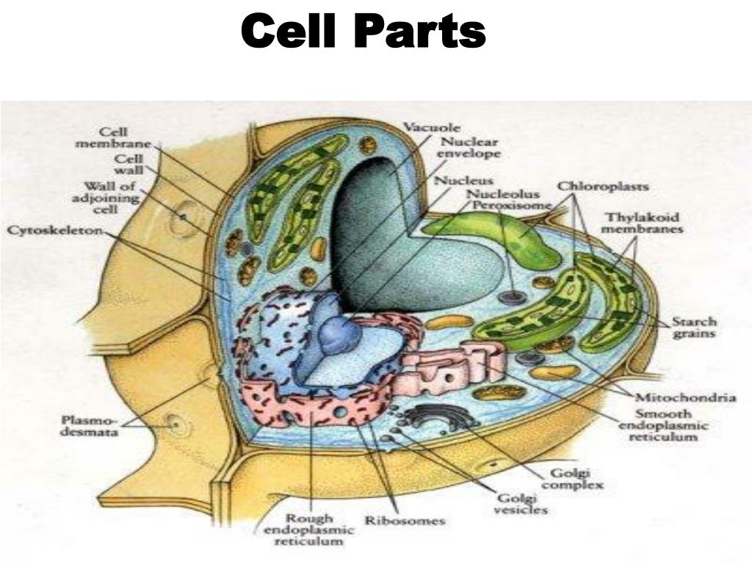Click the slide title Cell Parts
click(x=364, y=32)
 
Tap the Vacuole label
click(x=432, y=128)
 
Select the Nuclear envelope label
click(x=469, y=148)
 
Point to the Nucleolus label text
click(x=503, y=194)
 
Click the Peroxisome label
click(x=513, y=205)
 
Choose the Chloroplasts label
click(x=603, y=186)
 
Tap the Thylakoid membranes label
click(x=642, y=223)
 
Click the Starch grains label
click(x=694, y=328)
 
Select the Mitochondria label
click(x=686, y=397)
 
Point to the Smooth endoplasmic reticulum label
click(x=663, y=425)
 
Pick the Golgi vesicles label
click(x=521, y=504)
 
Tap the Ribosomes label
click(x=405, y=521)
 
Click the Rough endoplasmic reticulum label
click(x=309, y=530)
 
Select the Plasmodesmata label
click(x=90, y=427)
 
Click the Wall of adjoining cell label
click(x=106, y=198)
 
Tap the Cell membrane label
click(x=114, y=137)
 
